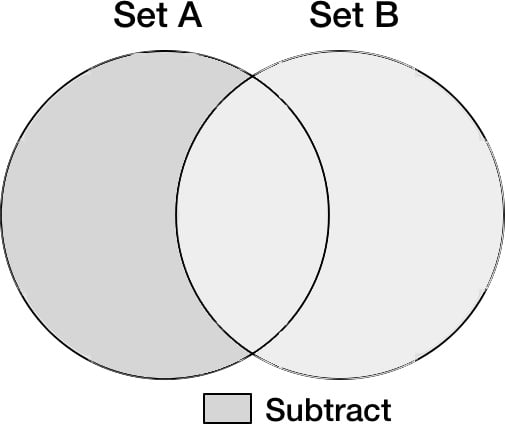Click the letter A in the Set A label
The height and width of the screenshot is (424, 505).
click(190, 16)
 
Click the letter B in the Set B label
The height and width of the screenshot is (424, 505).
click(387, 16)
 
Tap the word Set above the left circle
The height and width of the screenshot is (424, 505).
click(140, 16)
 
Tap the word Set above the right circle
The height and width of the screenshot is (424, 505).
click(336, 16)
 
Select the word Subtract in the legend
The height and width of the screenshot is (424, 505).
click(328, 410)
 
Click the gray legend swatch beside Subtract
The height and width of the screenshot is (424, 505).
click(227, 408)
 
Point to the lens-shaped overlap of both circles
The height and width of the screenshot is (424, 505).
click(253, 214)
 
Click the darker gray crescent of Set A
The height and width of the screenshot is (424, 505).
click(90, 214)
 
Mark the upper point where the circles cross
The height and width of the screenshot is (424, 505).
click(252, 77)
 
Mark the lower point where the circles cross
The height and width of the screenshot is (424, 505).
click(252, 352)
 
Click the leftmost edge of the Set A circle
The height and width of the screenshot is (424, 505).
click(1, 215)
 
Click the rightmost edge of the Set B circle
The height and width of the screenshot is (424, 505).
click(503, 215)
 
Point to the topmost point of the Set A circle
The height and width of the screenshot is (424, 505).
click(165, 51)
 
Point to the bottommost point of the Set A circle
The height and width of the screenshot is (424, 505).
click(165, 378)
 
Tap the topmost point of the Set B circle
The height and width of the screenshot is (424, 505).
click(340, 51)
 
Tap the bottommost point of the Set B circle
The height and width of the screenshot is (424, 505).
click(340, 378)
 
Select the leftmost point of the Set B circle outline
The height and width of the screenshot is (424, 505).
click(176, 215)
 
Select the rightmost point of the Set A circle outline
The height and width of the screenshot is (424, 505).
click(329, 215)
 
